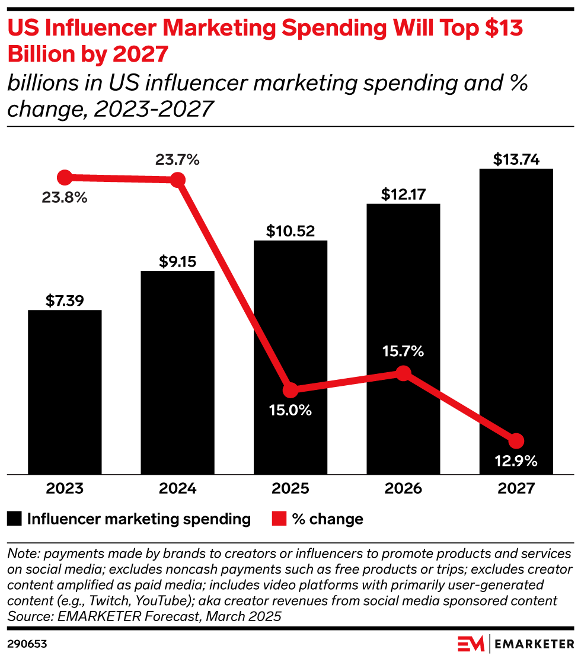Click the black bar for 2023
click(x=65, y=392)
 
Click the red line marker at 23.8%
click(x=65, y=177)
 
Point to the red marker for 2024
click(x=177, y=180)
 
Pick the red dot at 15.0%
click(x=290, y=391)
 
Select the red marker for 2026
click(x=403, y=373)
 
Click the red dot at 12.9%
click(x=516, y=441)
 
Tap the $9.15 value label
click(x=177, y=261)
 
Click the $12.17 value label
click(x=403, y=194)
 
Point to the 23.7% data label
click(x=177, y=159)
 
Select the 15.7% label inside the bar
click(x=403, y=351)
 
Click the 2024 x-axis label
click(x=177, y=489)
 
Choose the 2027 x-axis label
click(x=516, y=489)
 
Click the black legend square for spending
click(x=14, y=520)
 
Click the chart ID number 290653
click(x=27, y=644)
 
